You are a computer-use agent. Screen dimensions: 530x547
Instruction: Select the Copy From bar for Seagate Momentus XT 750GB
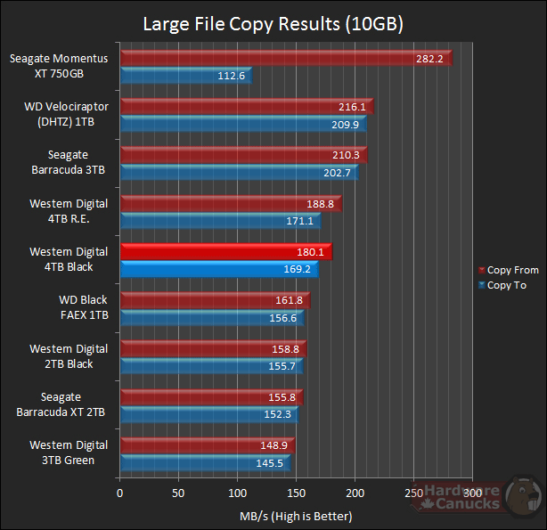pyautogui.click(x=285, y=59)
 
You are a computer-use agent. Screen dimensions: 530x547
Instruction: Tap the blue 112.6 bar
pyautogui.click(x=184, y=77)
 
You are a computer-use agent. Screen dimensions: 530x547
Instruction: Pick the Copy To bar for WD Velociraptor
pyautogui.click(x=241, y=125)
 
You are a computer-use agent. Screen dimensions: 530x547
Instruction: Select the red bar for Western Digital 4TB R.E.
pyautogui.click(x=230, y=204)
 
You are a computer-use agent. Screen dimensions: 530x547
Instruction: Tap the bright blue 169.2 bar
pyautogui.click(x=218, y=269)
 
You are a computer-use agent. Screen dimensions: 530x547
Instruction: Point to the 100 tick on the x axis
pyautogui.click(x=237, y=493)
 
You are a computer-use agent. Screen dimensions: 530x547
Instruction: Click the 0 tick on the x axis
pyautogui.click(x=119, y=493)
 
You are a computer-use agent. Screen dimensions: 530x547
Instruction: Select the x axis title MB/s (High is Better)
pyautogui.click(x=296, y=516)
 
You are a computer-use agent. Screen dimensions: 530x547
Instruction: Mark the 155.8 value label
pyautogui.click(x=285, y=396)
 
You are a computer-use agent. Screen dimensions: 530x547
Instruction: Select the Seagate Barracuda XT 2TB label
pyautogui.click(x=61, y=404)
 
